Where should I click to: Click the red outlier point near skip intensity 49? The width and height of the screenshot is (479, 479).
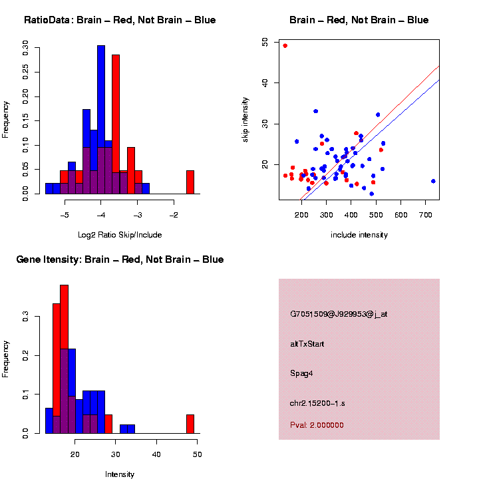click(x=285, y=46)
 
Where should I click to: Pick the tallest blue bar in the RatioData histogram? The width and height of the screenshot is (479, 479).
click(x=101, y=120)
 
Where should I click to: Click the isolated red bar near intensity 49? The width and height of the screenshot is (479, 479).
click(x=190, y=423)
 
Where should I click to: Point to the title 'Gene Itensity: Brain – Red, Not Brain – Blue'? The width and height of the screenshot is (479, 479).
click(x=120, y=259)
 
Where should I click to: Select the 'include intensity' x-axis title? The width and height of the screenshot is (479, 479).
click(x=359, y=235)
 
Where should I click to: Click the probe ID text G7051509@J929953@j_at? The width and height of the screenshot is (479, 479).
click(x=339, y=314)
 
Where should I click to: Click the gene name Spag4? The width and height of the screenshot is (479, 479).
click(x=301, y=373)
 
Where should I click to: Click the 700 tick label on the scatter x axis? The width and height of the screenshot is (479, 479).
click(x=426, y=215)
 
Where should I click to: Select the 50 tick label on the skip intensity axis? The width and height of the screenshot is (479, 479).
click(x=265, y=42)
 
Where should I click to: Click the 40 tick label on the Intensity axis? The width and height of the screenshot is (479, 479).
click(x=156, y=454)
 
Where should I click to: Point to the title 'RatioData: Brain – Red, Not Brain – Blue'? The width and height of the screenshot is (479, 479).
click(x=120, y=20)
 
